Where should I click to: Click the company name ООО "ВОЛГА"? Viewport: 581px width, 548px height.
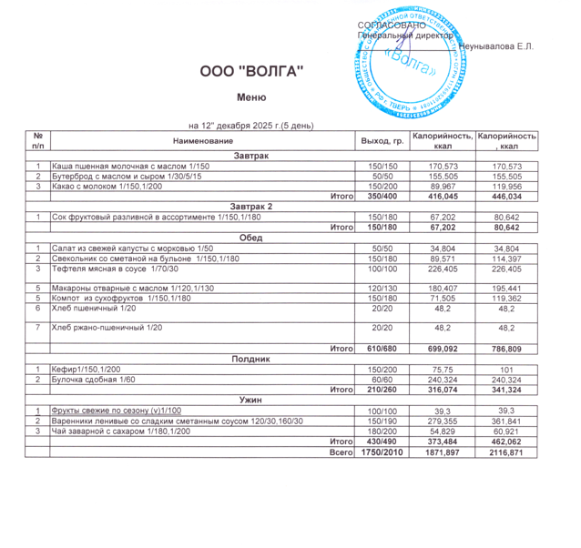[x=251, y=72]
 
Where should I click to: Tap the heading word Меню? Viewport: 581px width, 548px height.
[x=250, y=97]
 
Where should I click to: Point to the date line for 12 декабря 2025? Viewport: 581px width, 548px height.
[x=250, y=125]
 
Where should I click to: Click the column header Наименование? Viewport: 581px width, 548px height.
[x=203, y=141]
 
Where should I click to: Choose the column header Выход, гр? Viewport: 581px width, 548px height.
[x=382, y=141]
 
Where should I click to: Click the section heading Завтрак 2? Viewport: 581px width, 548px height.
[x=251, y=207]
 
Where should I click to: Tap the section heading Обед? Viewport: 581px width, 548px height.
[x=251, y=238]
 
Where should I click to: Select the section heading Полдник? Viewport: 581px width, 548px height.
[x=251, y=359]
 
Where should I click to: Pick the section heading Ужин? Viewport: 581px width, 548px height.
[x=251, y=400]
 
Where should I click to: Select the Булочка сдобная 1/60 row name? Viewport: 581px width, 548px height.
[x=94, y=379]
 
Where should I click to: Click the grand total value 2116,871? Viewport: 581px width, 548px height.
[x=506, y=452]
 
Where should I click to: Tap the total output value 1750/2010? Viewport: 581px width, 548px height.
[x=382, y=452]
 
